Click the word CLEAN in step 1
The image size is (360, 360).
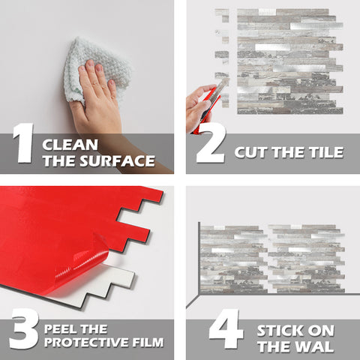click(x=69, y=143)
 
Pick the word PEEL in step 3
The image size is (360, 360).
click(x=61, y=328)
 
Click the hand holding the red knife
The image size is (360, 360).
click(x=198, y=105)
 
